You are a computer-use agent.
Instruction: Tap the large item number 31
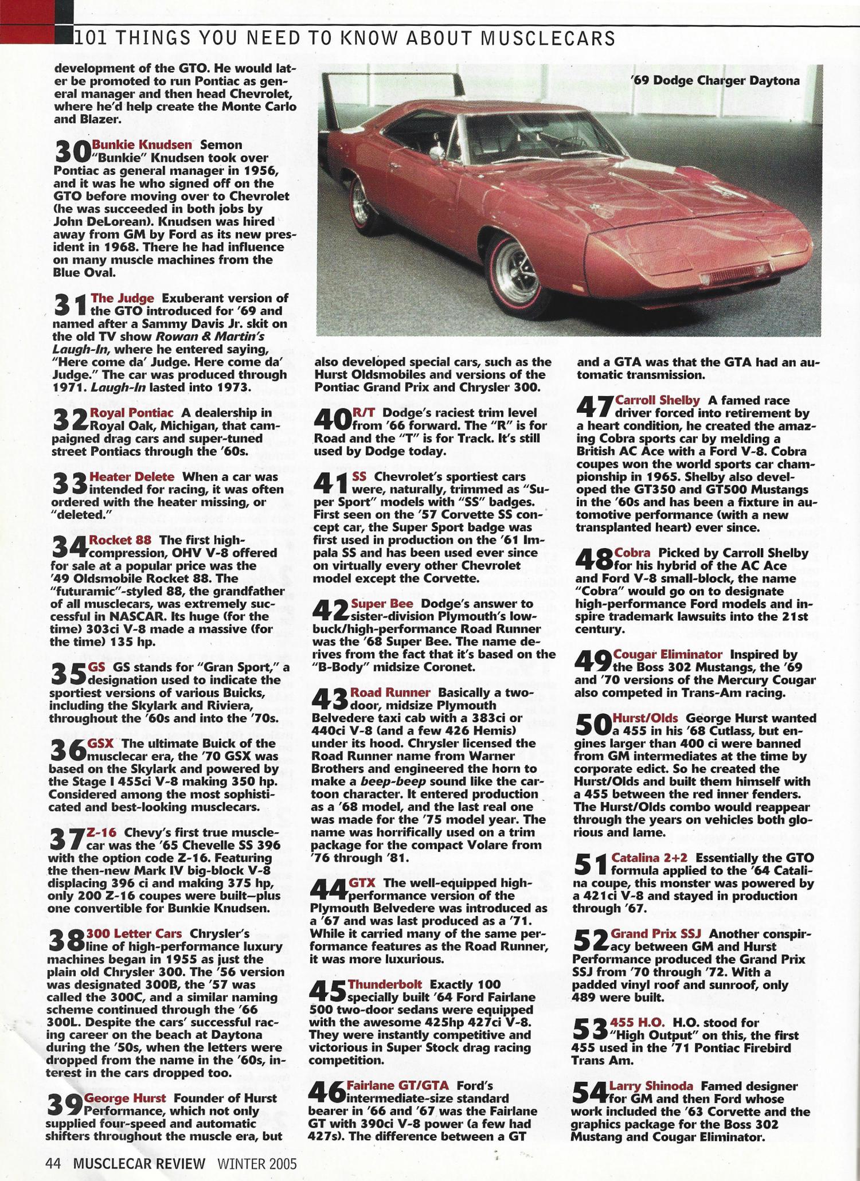71,304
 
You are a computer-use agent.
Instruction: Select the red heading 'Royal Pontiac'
131,413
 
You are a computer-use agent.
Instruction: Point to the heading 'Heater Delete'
132,477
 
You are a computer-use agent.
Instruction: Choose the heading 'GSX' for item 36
100,743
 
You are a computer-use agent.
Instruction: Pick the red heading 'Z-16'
101,832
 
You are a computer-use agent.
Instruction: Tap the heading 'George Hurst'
125,1098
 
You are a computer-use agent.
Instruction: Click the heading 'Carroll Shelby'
657,400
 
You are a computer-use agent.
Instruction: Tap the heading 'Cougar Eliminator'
667,654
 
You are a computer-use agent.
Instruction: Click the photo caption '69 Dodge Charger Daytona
714,81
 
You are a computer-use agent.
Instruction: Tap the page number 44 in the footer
53,1163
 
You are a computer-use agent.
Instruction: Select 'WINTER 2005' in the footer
256,1163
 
